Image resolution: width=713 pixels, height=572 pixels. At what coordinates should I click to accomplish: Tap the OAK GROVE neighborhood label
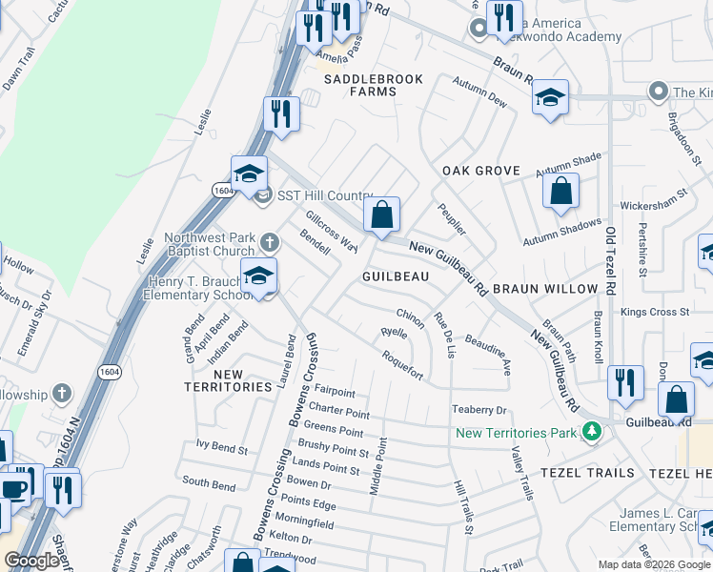(x=481, y=171)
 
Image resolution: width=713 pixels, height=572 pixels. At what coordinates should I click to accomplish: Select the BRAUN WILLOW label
(x=544, y=289)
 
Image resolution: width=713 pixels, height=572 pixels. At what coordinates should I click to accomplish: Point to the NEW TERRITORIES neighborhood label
(x=229, y=381)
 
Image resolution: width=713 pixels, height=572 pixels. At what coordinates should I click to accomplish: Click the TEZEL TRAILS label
(x=587, y=473)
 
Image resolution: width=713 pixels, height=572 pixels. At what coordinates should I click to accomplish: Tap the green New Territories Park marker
(x=593, y=432)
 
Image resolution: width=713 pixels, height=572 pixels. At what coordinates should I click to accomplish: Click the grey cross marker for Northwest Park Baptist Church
(x=269, y=241)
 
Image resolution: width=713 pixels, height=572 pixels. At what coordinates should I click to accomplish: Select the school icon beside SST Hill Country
(x=248, y=174)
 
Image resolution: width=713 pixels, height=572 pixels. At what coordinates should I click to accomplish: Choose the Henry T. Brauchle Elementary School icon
(x=257, y=276)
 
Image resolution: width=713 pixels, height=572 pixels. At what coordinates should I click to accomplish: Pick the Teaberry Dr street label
(x=479, y=410)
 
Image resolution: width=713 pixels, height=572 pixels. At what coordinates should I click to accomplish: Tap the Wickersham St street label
(x=661, y=205)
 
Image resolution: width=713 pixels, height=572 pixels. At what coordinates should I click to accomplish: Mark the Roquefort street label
(x=402, y=363)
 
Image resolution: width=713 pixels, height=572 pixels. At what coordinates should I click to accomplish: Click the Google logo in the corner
(x=32, y=561)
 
